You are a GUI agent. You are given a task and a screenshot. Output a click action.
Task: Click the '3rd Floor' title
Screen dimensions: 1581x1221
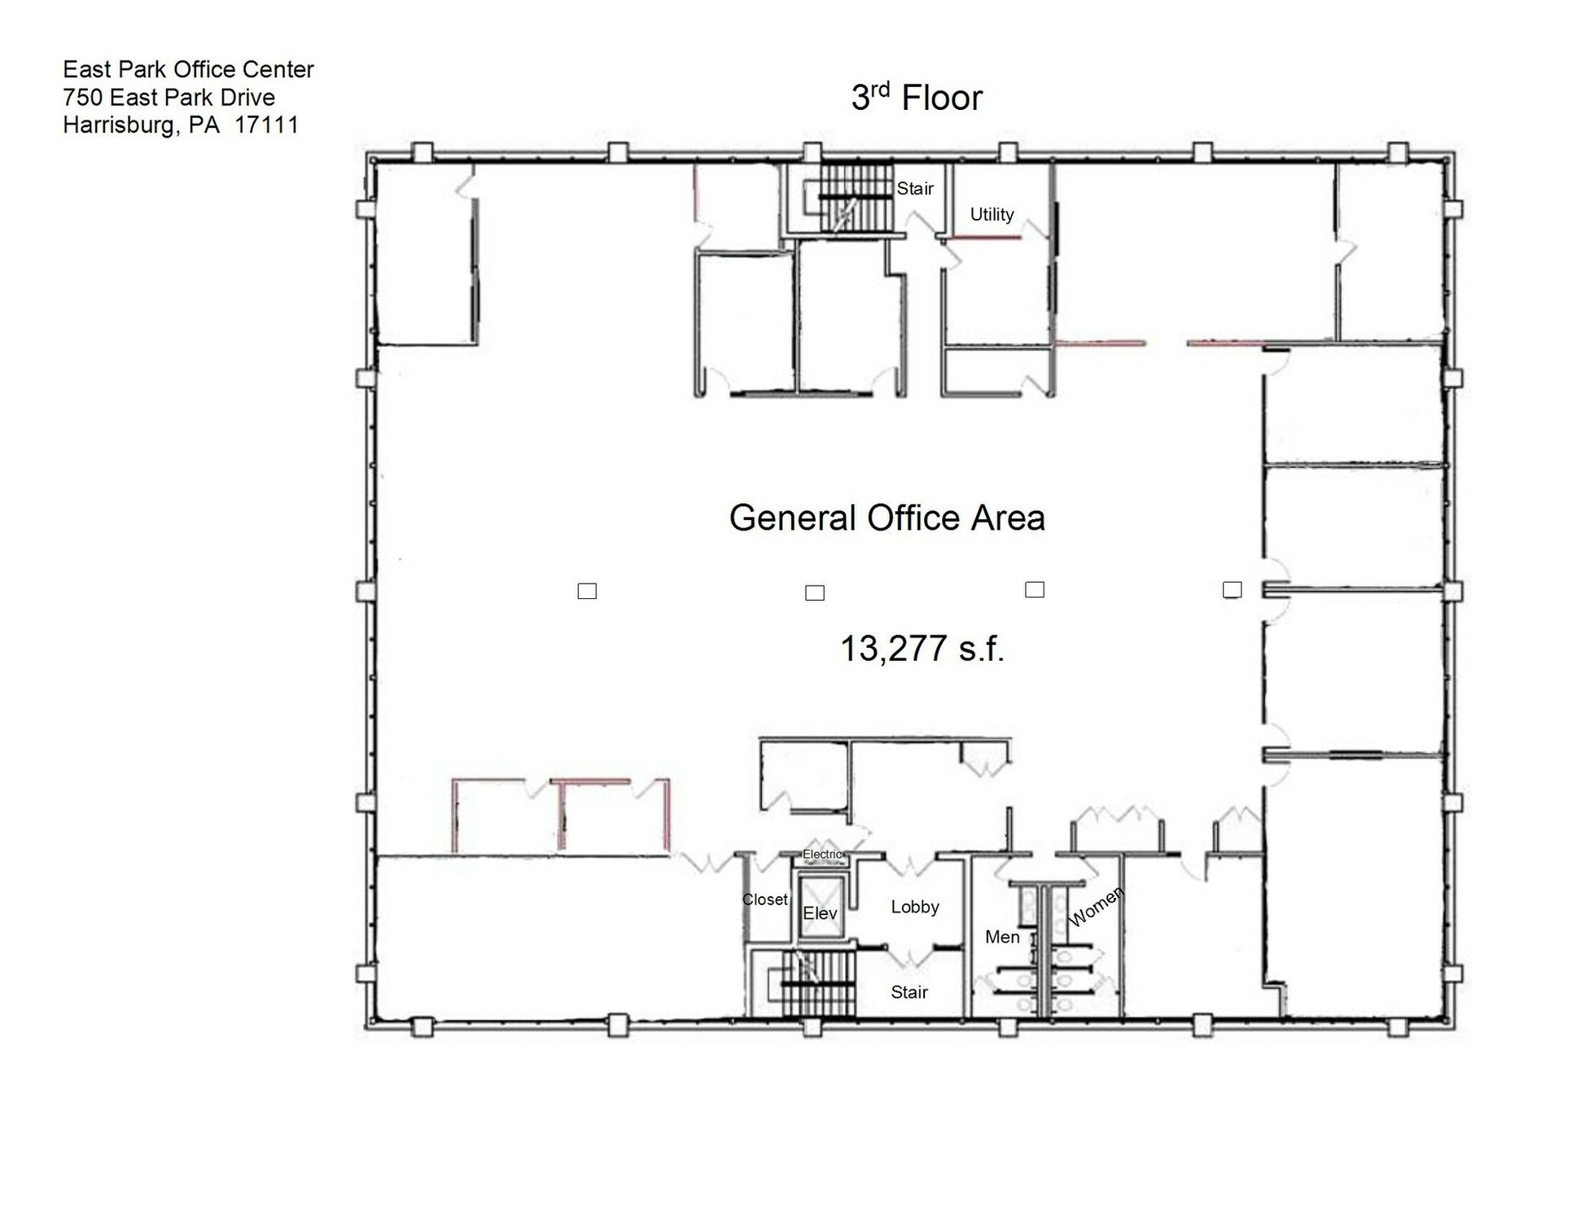[917, 98]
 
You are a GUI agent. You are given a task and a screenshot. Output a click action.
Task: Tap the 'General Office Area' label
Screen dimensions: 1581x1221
[887, 518]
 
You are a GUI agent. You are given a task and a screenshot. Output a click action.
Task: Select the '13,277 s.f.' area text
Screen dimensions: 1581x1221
[922, 649]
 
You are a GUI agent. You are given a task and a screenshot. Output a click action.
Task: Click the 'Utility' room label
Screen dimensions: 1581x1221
[992, 214]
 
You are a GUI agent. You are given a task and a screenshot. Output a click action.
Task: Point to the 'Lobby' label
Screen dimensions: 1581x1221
[915, 907]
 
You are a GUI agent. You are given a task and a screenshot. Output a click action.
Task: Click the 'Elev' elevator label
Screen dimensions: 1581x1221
[820, 913]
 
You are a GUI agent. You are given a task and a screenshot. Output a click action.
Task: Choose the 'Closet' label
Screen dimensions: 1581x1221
[764, 899]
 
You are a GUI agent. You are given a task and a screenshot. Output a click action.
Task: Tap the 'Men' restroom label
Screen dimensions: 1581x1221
[1002, 937]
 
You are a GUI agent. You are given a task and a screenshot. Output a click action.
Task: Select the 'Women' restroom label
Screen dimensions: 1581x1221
[1096, 906]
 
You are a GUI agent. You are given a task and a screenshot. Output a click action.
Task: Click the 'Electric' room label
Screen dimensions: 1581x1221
[823, 854]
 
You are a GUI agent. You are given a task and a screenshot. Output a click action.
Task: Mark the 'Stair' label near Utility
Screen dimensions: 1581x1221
[915, 189]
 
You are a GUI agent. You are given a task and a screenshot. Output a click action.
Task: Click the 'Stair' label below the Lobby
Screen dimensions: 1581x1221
[909, 992]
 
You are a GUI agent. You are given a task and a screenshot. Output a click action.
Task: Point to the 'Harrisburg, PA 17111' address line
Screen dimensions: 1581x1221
[181, 125]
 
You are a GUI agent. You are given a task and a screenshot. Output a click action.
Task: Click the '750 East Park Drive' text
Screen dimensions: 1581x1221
[169, 97]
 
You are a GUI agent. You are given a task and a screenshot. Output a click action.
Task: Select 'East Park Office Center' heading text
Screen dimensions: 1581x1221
[188, 69]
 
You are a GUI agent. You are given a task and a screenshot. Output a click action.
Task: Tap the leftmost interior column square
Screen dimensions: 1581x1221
[587, 591]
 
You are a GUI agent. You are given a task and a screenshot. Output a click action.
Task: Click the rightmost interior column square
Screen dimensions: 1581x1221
[1233, 589]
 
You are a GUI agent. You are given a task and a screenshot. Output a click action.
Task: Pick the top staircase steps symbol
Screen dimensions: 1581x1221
[855, 198]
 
